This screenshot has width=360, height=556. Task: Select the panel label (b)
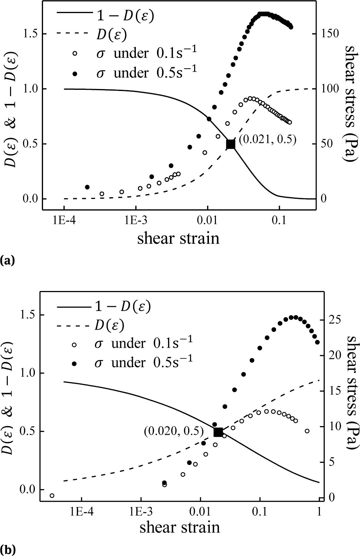pyautogui.click(x=8, y=549)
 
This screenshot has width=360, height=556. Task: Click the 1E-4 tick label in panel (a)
pyautogui.click(x=64, y=220)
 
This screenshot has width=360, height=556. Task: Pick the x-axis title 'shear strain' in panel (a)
pyautogui.click(x=178, y=238)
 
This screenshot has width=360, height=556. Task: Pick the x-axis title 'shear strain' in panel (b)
pyautogui.click(x=180, y=527)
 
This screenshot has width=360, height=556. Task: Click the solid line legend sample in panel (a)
pyautogui.click(x=74, y=13)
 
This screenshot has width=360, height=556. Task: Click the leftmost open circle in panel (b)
pyautogui.click(x=52, y=496)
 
